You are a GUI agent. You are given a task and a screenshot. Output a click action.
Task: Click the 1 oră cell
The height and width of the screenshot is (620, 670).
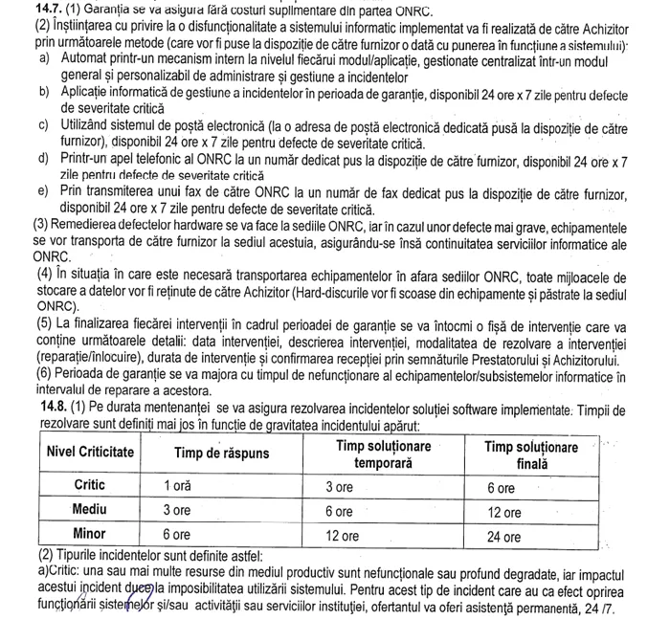(178, 486)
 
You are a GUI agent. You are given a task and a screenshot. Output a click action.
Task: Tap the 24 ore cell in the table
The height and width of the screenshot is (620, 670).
(504, 537)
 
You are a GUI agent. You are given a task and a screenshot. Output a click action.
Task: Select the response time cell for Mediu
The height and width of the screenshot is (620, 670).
(178, 511)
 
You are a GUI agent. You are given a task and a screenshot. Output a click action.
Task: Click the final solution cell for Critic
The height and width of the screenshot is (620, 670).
(501, 487)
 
